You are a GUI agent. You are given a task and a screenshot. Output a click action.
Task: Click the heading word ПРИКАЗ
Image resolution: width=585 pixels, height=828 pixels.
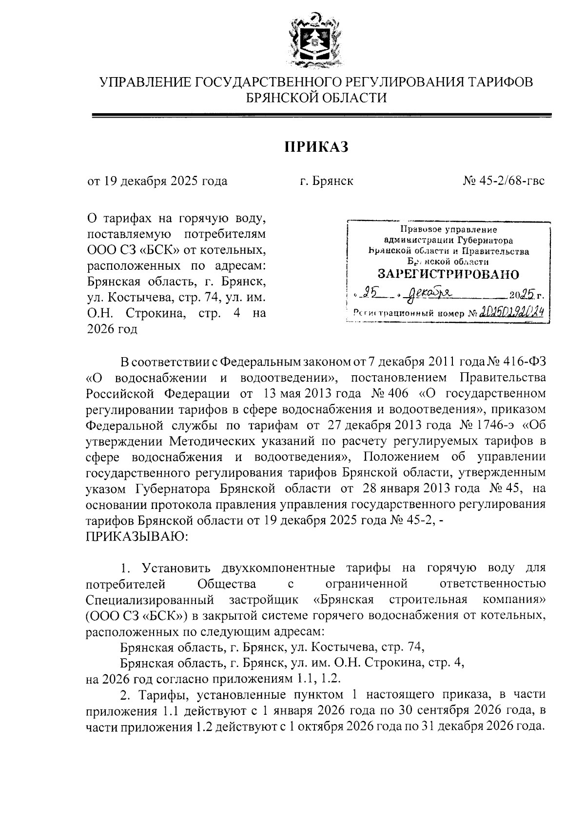[x=316, y=147]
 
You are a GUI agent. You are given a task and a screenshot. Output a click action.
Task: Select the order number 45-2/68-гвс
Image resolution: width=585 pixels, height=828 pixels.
[x=505, y=182]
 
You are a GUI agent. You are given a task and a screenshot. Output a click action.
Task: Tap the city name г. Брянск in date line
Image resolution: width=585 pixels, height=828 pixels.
[x=326, y=182]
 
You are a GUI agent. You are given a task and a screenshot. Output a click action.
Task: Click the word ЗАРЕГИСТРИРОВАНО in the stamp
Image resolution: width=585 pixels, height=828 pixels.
[x=449, y=274]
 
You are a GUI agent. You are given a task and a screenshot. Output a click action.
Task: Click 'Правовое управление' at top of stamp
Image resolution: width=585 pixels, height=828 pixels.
[x=448, y=229]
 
